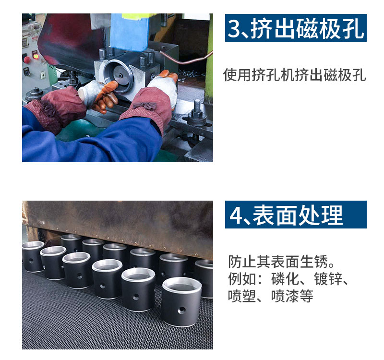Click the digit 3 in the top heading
point(235,28)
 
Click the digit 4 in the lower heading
point(235,215)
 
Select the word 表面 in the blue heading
point(275,215)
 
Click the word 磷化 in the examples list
point(285,279)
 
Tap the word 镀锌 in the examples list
point(328,279)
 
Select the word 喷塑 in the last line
point(242,296)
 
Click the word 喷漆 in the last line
point(285,296)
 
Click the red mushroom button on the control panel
point(27,59)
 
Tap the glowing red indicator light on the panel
point(36,56)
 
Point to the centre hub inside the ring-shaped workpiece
point(120,75)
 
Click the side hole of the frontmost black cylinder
point(181,309)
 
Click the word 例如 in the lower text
point(242,279)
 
